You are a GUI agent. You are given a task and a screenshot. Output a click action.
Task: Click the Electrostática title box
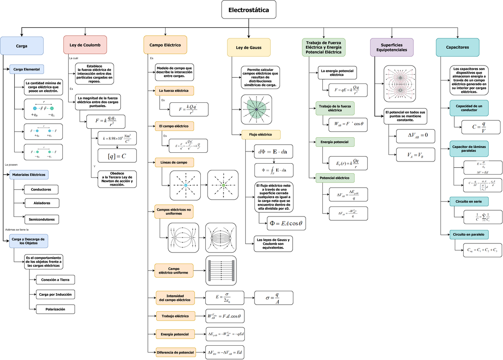[x=249, y=10]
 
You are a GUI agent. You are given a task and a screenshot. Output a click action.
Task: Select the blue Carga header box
[x=22, y=46]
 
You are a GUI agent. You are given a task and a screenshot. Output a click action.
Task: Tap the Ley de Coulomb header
[x=85, y=44]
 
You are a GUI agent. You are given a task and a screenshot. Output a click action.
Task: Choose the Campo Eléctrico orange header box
[x=165, y=44]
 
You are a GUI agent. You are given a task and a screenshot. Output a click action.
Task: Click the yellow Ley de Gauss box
[x=249, y=47]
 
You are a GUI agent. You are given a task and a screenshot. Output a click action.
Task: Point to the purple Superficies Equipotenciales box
[x=392, y=47]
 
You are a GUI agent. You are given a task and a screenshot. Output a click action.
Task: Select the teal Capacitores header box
[x=457, y=47]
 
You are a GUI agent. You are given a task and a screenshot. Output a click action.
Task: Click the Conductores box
[x=41, y=190]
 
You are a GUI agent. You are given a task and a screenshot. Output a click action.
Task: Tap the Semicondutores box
[x=41, y=219]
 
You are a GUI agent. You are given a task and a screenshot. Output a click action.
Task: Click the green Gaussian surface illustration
[x=256, y=110]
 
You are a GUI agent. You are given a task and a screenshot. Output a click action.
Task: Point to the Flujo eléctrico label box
[x=261, y=135]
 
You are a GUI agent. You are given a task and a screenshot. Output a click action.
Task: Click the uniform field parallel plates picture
[x=221, y=271]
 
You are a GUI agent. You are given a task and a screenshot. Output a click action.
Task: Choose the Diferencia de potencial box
[x=175, y=352]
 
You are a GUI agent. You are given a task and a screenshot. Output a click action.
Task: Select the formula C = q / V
[x=481, y=127]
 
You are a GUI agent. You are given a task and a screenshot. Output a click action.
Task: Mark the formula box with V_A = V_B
[x=415, y=155]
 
